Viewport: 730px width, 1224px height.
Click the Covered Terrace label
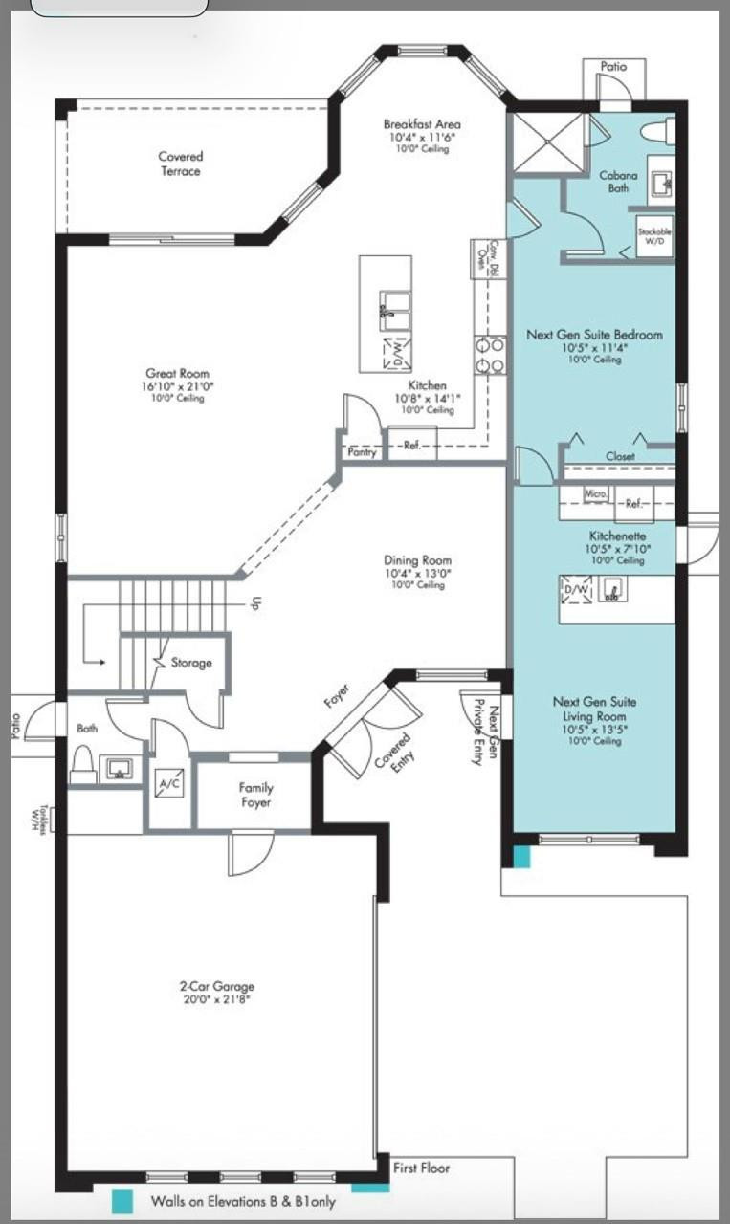[181, 164]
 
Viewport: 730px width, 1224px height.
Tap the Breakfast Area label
[422, 124]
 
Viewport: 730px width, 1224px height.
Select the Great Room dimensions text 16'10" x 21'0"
[177, 386]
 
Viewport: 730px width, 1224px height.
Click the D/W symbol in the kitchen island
[395, 352]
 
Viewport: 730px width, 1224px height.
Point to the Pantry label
[362, 452]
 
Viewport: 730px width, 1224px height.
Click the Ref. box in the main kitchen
[412, 445]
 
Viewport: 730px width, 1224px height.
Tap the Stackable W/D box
[655, 236]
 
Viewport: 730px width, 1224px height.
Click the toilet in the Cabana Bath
[657, 131]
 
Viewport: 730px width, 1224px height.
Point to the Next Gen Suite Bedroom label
[594, 335]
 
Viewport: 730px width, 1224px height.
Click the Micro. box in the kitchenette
[595, 493]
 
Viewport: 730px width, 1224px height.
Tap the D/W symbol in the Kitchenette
[577, 591]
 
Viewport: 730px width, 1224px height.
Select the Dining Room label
[417, 560]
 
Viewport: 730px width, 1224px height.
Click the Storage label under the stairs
[191, 663]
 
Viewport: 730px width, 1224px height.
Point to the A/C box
[168, 784]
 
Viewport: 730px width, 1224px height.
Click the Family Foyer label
[255, 796]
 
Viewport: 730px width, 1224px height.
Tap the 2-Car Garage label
[217, 987]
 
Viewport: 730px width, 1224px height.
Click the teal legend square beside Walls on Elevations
[122, 1201]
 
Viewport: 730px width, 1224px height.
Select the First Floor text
[421, 1168]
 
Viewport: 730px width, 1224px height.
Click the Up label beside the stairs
[255, 603]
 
